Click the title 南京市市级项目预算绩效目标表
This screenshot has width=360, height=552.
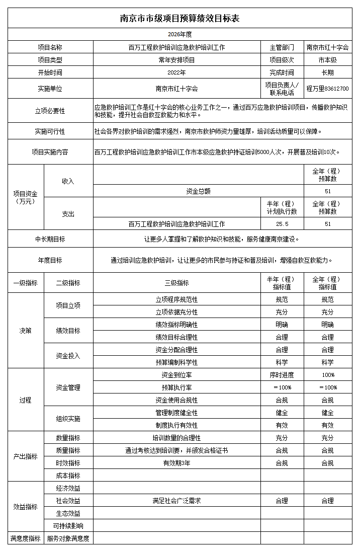pyautogui.click(x=179, y=19)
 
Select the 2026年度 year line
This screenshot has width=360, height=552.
pyautogui.click(x=179, y=34)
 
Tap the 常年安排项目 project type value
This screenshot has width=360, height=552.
pyautogui.click(x=176, y=60)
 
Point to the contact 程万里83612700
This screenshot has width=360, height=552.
pyautogui.click(x=327, y=89)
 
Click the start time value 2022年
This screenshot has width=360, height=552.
pyautogui.click(x=176, y=72)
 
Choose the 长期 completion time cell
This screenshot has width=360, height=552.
pyautogui.click(x=327, y=72)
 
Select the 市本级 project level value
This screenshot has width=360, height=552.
pyautogui.click(x=327, y=60)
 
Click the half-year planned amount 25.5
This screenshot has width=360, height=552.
pyautogui.click(x=282, y=224)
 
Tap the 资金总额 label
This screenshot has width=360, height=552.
pyautogui.click(x=198, y=191)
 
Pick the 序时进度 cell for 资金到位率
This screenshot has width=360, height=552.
pyautogui.click(x=282, y=375)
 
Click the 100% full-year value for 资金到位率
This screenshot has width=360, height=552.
pyautogui.click(x=327, y=375)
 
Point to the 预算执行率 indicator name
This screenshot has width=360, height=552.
pyautogui.click(x=176, y=387)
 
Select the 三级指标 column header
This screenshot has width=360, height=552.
pyautogui.click(x=176, y=283)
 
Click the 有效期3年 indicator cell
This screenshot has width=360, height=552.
pyautogui.click(x=176, y=463)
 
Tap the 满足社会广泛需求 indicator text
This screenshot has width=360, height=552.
pyautogui.click(x=176, y=501)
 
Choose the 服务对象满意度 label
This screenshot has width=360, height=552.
pyautogui.click(x=68, y=538)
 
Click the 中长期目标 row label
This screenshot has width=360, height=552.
pyautogui.click(x=50, y=239)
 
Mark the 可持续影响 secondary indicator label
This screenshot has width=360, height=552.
pyautogui.click(x=68, y=526)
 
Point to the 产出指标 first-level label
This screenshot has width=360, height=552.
pyautogui.click(x=25, y=456)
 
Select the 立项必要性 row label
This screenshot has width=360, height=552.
pyautogui.click(x=50, y=111)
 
